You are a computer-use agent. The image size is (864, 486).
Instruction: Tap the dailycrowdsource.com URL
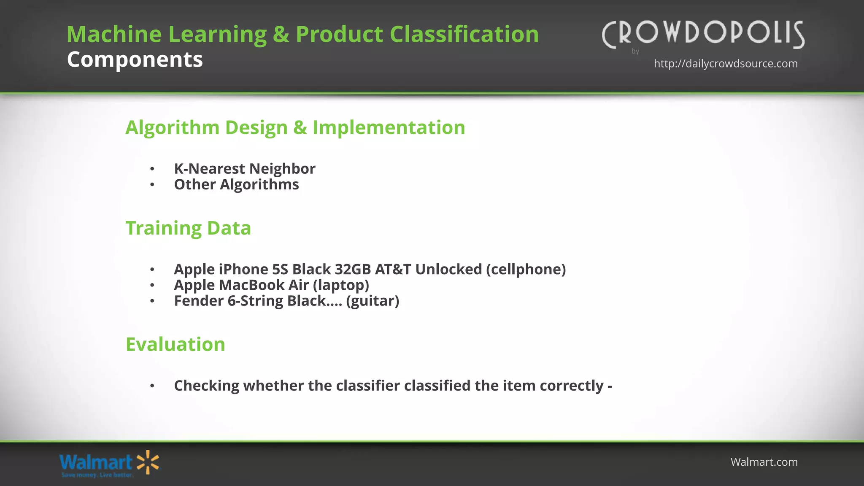tap(726, 64)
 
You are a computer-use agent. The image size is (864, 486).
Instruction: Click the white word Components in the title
tap(135, 59)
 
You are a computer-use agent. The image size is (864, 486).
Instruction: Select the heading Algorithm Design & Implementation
tap(295, 127)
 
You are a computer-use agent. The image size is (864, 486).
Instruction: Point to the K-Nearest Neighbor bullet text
tap(244, 169)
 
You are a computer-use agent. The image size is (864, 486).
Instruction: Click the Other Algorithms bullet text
tap(236, 185)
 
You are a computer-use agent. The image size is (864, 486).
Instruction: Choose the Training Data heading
tap(188, 228)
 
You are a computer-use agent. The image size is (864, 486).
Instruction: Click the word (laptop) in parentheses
tap(341, 285)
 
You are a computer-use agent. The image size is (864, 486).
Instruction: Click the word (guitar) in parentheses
tap(373, 301)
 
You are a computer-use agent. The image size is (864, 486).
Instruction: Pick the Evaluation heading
tap(175, 344)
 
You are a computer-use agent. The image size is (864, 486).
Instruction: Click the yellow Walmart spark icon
tap(148, 462)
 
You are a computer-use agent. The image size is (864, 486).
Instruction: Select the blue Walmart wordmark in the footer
tap(96, 462)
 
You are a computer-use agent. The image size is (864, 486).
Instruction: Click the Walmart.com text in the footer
tap(764, 462)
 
